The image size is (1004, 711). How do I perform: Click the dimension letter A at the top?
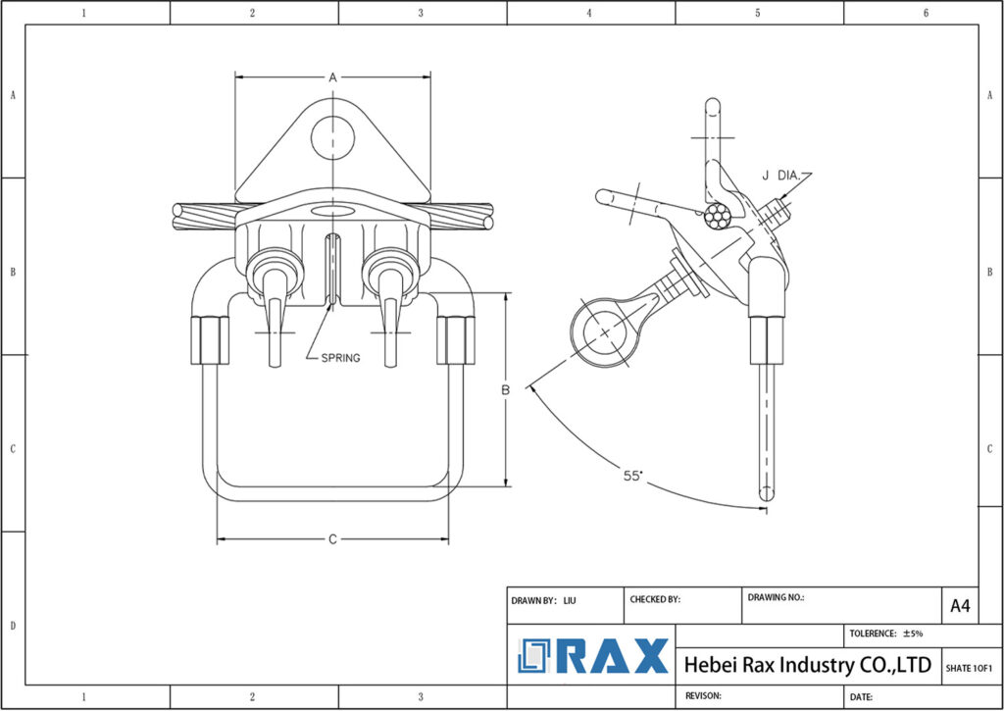(x=332, y=76)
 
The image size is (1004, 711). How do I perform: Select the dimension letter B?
(x=506, y=389)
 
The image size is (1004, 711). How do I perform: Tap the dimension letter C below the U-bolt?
(x=332, y=539)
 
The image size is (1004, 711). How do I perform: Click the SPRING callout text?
(x=340, y=358)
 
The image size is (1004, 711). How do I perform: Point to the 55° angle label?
(x=633, y=476)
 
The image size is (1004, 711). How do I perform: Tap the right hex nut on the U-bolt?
(x=454, y=340)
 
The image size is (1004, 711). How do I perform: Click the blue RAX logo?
(x=592, y=656)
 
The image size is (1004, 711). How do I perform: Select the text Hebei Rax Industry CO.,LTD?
(x=807, y=665)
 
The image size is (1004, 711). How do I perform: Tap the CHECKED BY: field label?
(x=655, y=599)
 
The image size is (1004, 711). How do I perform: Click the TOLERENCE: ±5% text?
(x=885, y=634)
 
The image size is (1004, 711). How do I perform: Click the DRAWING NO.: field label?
(x=776, y=597)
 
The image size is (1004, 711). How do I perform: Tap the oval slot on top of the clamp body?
(x=332, y=211)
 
